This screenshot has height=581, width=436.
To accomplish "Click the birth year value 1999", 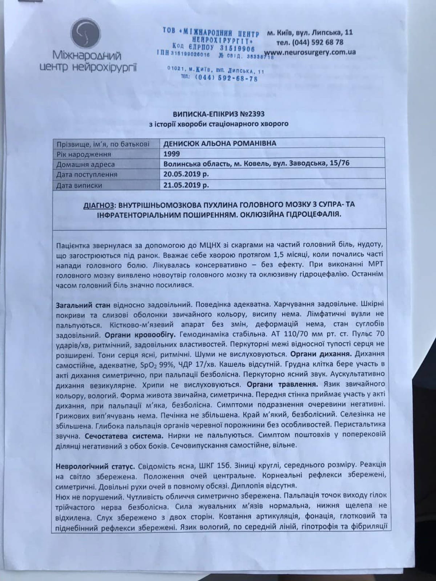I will (171, 154).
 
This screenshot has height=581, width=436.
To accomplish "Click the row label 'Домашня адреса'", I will (86, 164).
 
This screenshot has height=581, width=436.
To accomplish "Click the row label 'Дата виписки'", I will (79, 186).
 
